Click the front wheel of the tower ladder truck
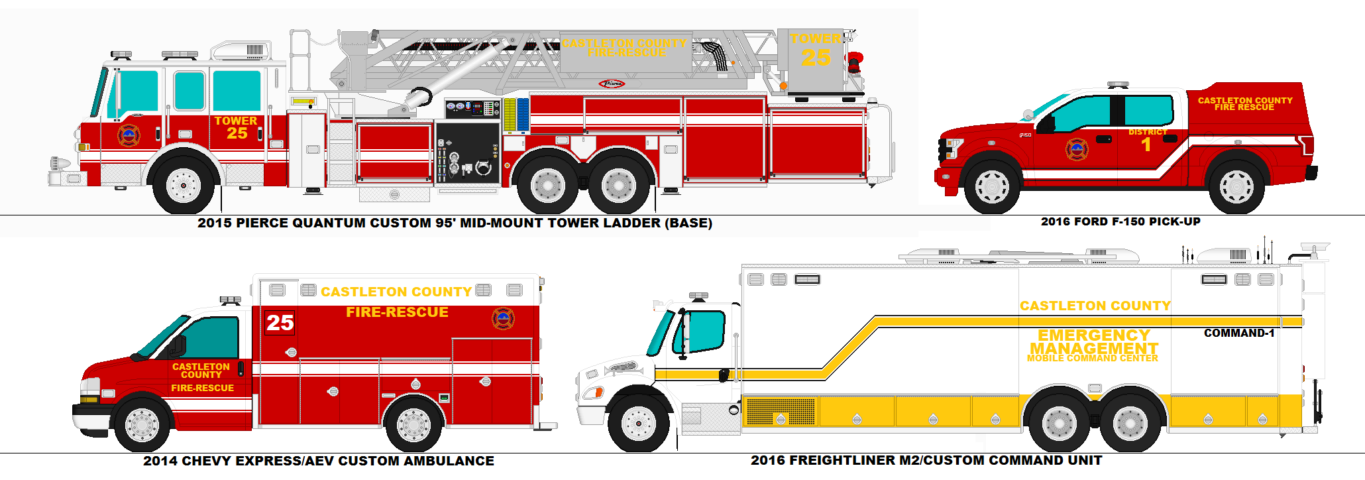184,185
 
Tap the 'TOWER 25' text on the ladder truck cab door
236,127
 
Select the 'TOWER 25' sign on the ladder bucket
816,51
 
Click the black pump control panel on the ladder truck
467,152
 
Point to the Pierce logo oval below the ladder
612,84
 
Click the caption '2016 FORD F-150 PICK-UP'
1120,221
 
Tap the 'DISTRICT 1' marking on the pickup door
1147,140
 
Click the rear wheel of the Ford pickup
1236,186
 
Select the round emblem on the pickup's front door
1076,149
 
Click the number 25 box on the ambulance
280,322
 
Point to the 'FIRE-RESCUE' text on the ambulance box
397,312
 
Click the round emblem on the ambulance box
503,318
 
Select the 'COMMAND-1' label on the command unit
1238,333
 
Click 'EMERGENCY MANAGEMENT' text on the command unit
1093,342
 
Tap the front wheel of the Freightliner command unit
639,422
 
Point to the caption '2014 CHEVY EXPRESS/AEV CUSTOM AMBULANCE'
319,461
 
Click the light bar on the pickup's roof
1118,85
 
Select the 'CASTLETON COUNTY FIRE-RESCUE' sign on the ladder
624,48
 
